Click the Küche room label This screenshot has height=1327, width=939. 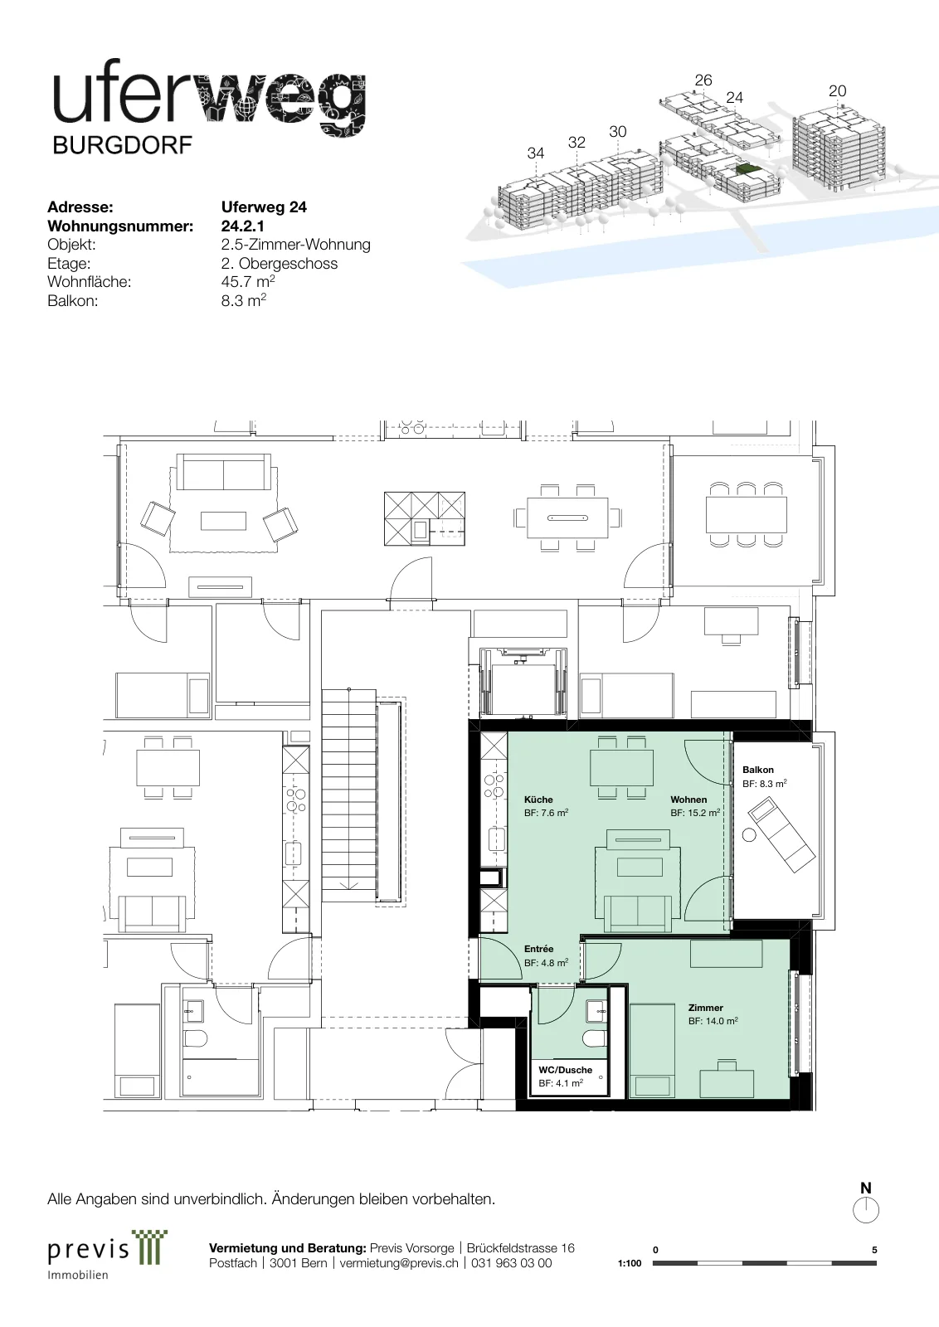click(x=538, y=800)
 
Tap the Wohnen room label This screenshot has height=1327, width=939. click(x=688, y=800)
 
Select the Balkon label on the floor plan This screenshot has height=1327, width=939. click(x=757, y=770)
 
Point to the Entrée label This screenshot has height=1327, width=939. click(x=538, y=949)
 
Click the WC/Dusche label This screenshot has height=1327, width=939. click(x=565, y=1069)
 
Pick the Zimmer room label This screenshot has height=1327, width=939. click(x=706, y=1007)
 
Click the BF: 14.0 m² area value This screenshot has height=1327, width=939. click(x=713, y=1021)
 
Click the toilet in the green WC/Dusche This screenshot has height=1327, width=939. click(x=594, y=1037)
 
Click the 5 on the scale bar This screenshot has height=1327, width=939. click(x=874, y=1250)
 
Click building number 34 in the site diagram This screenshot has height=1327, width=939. click(x=536, y=153)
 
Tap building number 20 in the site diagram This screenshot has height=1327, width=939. click(x=837, y=90)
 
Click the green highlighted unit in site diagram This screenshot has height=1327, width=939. click(x=747, y=170)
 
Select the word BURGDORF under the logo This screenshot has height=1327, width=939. click(x=123, y=145)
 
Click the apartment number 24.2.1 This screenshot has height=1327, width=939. click(x=243, y=226)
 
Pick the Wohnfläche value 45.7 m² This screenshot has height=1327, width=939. click(x=248, y=281)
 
